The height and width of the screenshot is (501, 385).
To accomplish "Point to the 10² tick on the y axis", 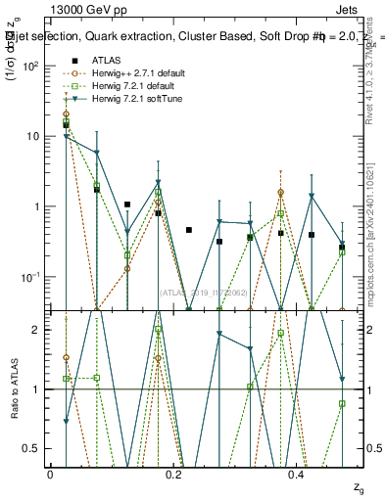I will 29,66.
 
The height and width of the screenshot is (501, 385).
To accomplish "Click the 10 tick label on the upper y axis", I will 31,136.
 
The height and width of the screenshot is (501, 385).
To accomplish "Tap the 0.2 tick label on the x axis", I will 173,474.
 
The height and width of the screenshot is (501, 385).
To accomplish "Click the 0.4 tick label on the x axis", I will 297,474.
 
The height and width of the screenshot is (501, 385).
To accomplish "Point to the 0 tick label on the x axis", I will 50,474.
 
